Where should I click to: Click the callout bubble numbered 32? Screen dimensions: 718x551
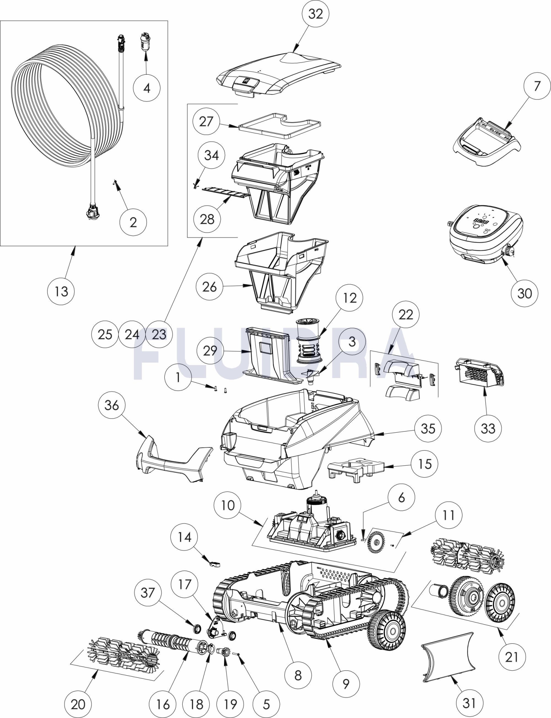(316, 14)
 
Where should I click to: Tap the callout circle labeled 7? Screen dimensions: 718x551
(537, 86)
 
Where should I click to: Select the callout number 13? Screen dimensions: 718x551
(61, 291)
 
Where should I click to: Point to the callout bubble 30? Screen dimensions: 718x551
(524, 293)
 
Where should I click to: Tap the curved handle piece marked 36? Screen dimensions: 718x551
(172, 460)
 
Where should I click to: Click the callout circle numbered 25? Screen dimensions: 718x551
(105, 335)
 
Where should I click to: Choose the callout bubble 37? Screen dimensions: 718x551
(148, 592)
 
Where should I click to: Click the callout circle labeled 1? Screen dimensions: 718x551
(178, 377)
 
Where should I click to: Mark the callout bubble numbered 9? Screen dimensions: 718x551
(346, 684)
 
